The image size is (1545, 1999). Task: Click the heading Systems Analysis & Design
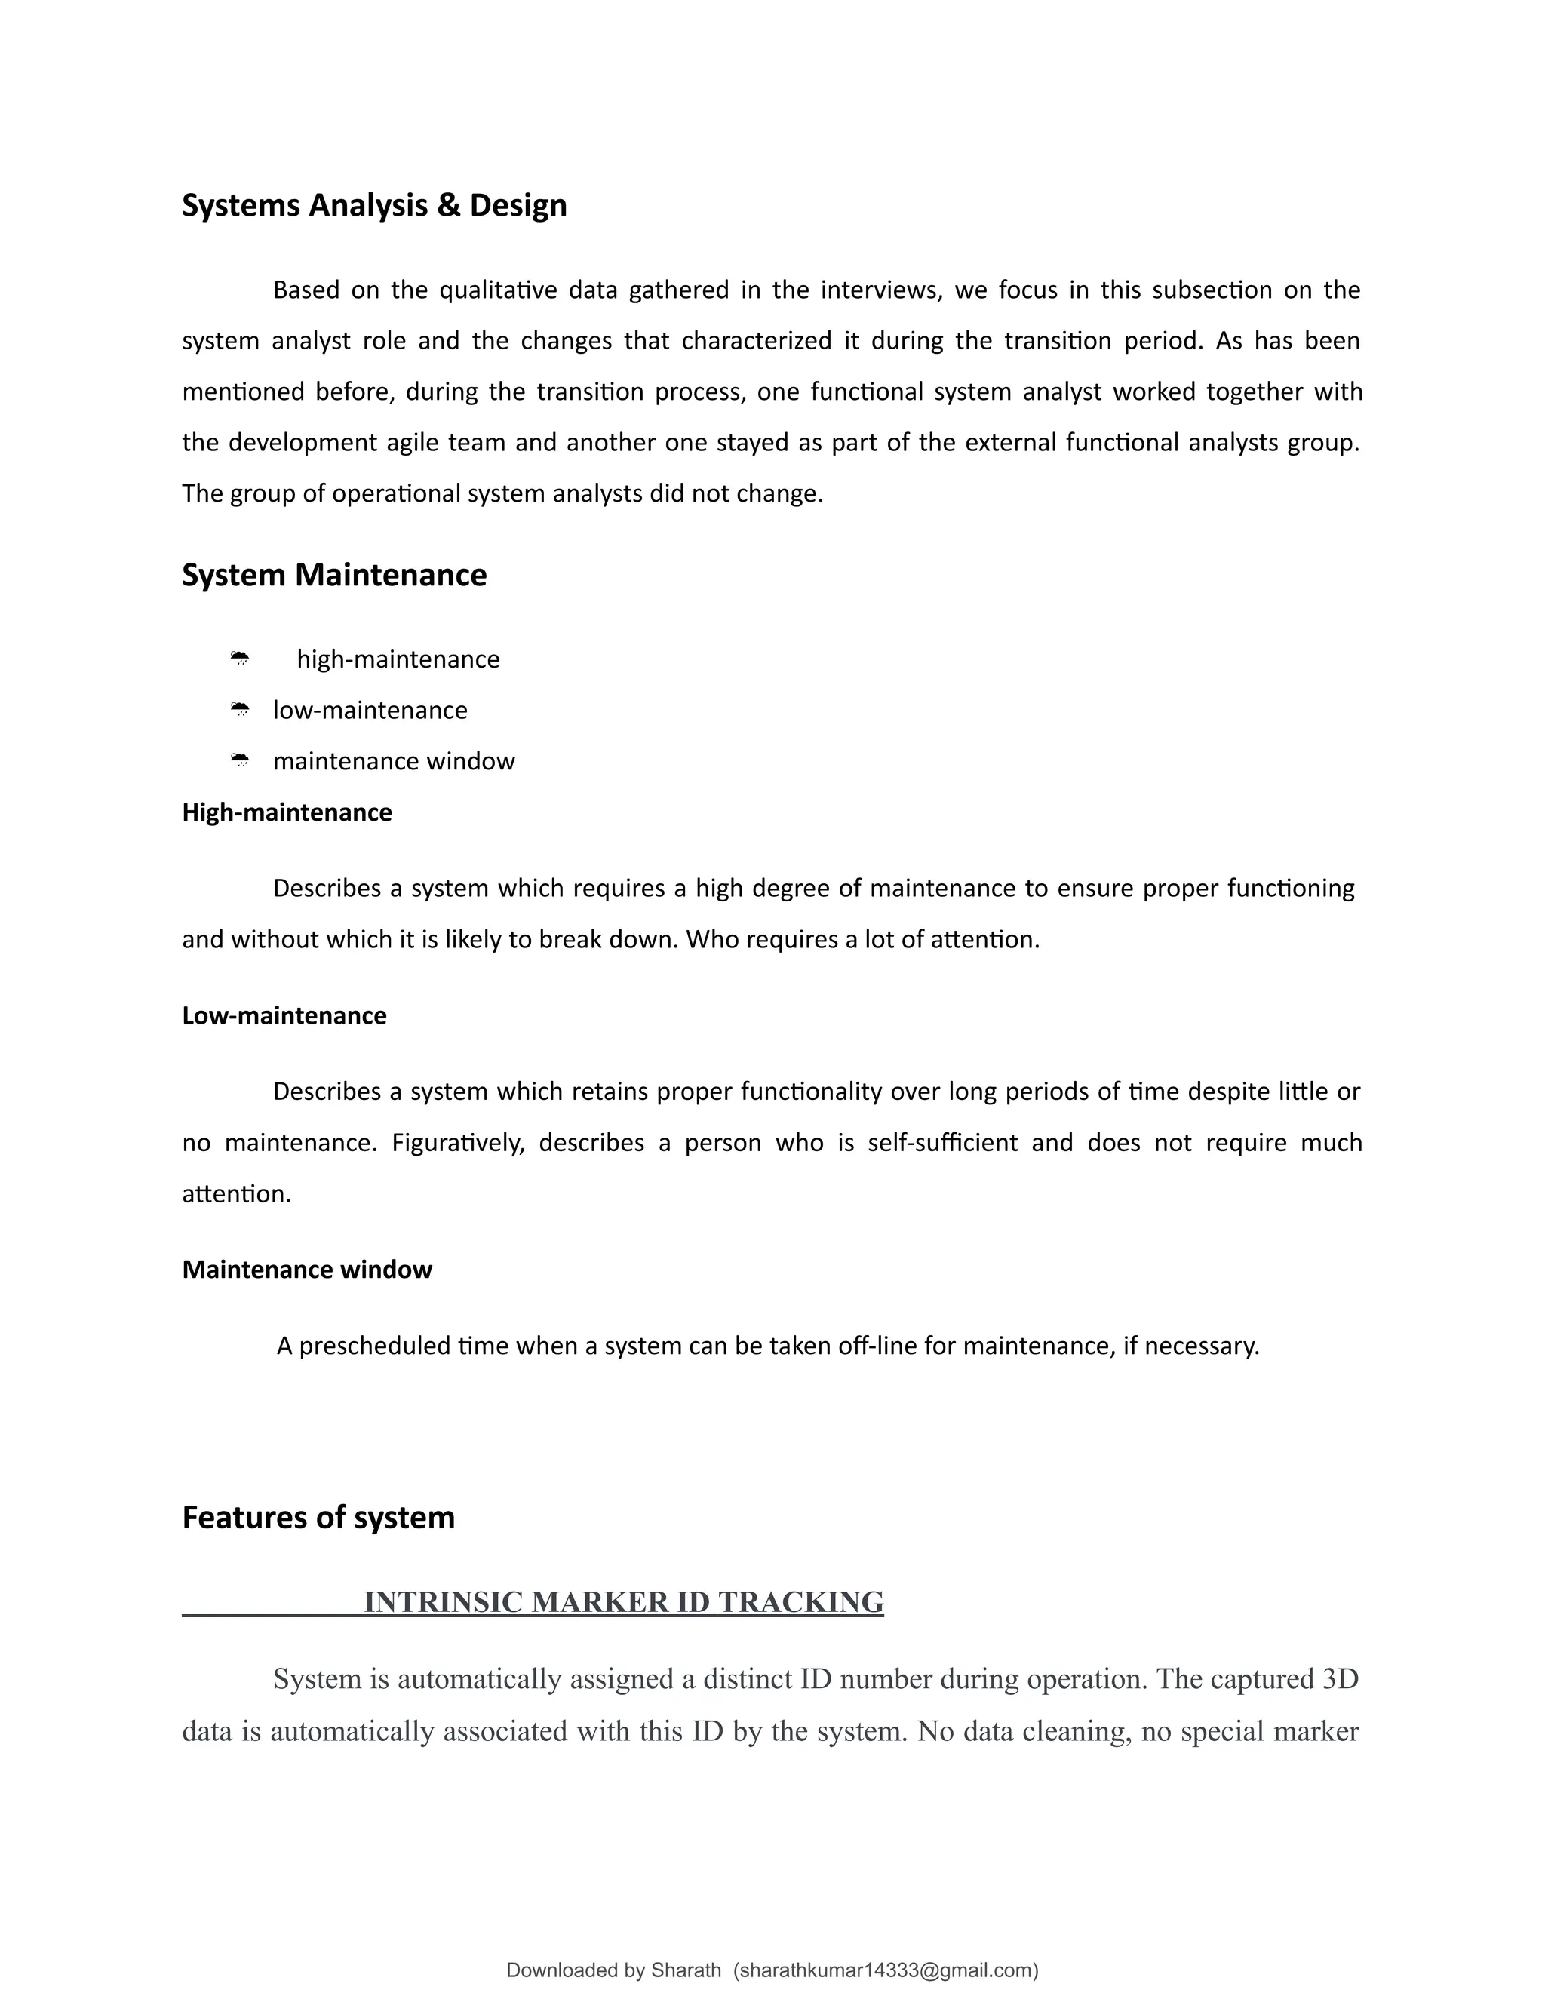tap(373, 205)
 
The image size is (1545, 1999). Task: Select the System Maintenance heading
tap(334, 575)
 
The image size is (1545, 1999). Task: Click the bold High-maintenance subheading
tap(287, 812)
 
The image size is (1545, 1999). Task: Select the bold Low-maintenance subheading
tap(284, 1016)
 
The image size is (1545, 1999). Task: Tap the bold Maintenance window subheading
tap(306, 1270)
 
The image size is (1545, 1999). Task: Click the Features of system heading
tap(318, 1518)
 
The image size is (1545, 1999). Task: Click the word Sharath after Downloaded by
tap(686, 1970)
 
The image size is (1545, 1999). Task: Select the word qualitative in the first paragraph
tap(498, 290)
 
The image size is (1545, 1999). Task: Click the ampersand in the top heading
tap(449, 205)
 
